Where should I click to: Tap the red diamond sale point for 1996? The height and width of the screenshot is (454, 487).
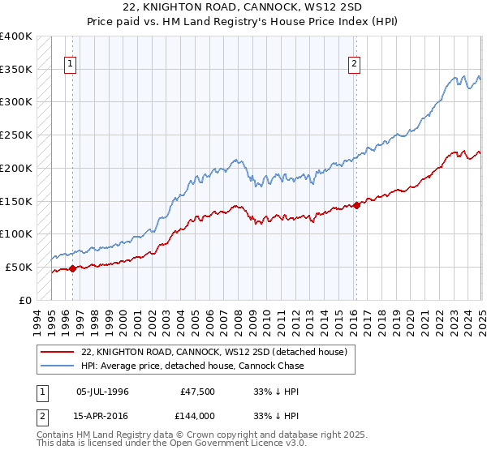[x=72, y=268]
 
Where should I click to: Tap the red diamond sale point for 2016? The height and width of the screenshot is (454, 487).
[x=356, y=204]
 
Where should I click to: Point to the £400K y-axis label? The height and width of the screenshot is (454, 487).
[x=16, y=36]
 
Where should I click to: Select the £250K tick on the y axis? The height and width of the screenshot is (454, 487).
[x=16, y=135]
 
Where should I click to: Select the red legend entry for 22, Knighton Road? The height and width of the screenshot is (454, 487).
[x=214, y=352]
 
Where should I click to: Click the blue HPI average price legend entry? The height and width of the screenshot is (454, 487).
[x=192, y=366]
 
